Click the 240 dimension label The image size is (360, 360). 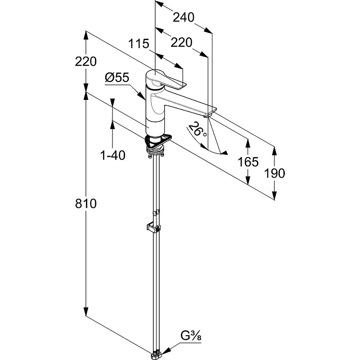[184, 18]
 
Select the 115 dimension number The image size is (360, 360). [139, 44]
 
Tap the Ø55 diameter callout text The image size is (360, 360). [117, 77]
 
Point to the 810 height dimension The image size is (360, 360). [86, 204]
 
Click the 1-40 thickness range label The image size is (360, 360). [113, 155]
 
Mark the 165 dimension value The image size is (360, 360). [248, 162]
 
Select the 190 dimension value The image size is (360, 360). [274, 173]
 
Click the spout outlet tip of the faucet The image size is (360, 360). [207, 117]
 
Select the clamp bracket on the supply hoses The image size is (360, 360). [153, 228]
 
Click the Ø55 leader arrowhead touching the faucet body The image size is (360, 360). [142, 96]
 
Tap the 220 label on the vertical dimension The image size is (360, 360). [86, 62]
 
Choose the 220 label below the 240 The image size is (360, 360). [181, 43]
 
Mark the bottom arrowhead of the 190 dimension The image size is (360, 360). [274, 195]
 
